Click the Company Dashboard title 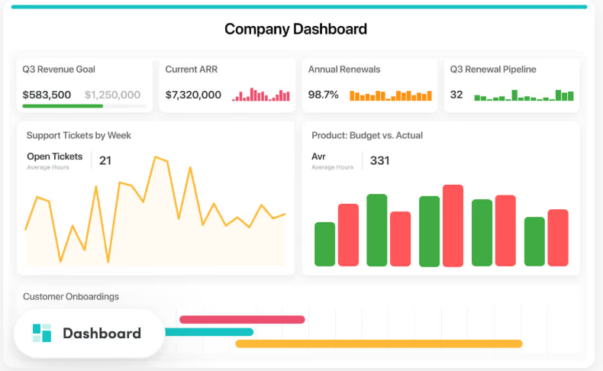pyautogui.click(x=295, y=30)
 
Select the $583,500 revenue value pyautogui.click(x=47, y=95)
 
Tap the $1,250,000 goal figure pyautogui.click(x=112, y=95)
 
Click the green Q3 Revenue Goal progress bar pyautogui.click(x=63, y=106)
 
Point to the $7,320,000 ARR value pyautogui.click(x=193, y=95)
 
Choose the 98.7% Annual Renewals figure pyautogui.click(x=323, y=95)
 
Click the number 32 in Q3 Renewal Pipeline pyautogui.click(x=456, y=95)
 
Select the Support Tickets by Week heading pyautogui.click(x=79, y=136)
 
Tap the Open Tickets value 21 pyautogui.click(x=105, y=160)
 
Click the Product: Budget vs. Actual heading pyautogui.click(x=367, y=136)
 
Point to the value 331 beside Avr pyautogui.click(x=379, y=160)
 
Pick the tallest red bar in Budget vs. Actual pyautogui.click(x=453, y=225)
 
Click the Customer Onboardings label pyautogui.click(x=71, y=296)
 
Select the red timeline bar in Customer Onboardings pyautogui.click(x=242, y=319)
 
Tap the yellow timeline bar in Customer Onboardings pyautogui.click(x=379, y=344)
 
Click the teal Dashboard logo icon pyautogui.click(x=42, y=333)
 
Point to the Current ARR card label pyautogui.click(x=192, y=69)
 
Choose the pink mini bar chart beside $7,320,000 pyautogui.click(x=261, y=95)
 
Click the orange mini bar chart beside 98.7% pyautogui.click(x=390, y=95)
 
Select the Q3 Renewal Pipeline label pyautogui.click(x=493, y=69)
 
